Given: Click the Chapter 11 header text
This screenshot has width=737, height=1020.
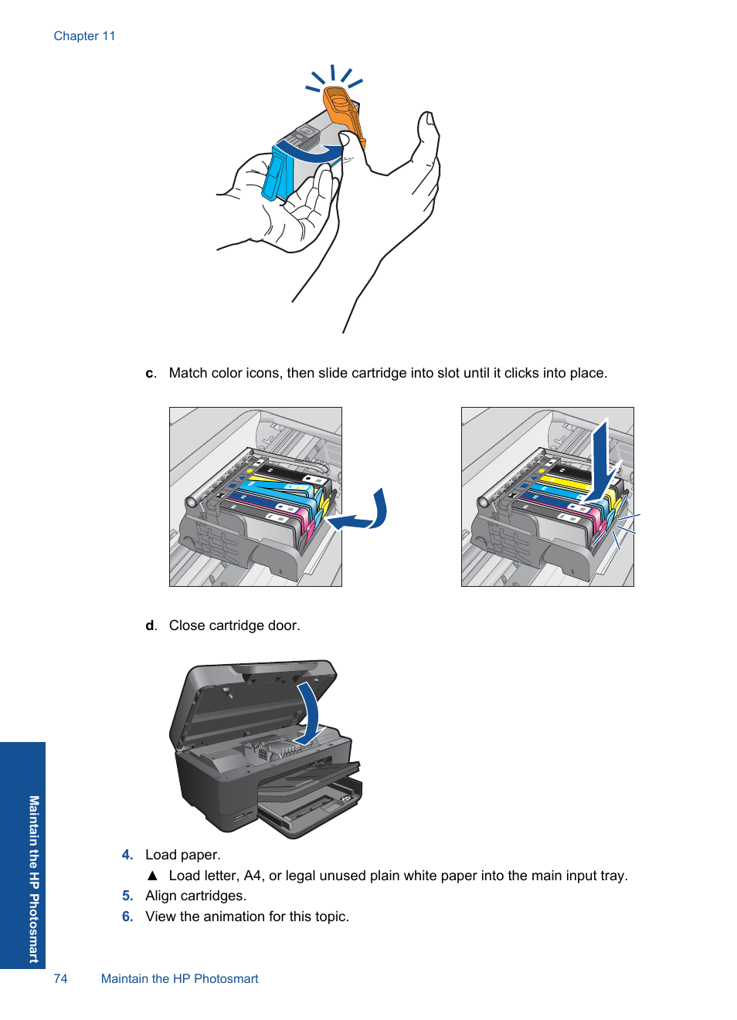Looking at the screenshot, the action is tap(84, 36).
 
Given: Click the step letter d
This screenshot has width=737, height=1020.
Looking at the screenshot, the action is tap(151, 625).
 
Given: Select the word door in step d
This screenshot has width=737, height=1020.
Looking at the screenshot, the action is tap(283, 625).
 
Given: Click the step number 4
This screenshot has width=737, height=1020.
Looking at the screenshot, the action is tap(127, 855).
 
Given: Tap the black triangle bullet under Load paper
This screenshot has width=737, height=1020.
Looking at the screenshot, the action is tap(152, 876).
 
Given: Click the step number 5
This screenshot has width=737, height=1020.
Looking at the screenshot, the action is tap(127, 896).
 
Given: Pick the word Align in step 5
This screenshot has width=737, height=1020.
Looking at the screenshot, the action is tap(161, 896).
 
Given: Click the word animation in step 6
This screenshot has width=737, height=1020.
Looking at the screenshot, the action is tap(235, 917).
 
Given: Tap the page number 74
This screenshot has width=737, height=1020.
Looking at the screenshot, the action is tap(60, 978).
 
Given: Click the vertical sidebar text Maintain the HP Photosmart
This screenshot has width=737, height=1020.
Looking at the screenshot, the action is tap(34, 879).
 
